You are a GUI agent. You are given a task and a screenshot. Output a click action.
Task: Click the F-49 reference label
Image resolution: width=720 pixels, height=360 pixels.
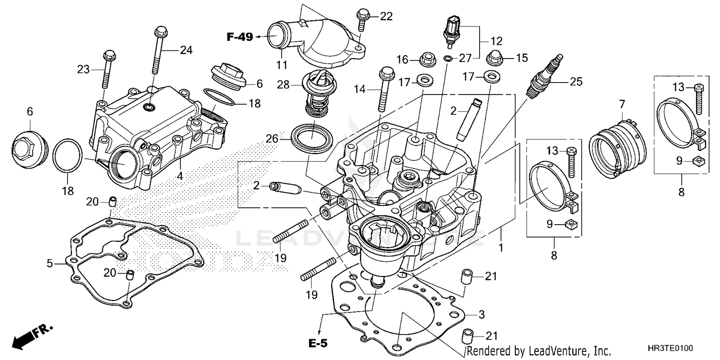click(x=240, y=37)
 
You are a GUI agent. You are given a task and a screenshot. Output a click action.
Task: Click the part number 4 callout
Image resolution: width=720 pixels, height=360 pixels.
click(x=180, y=176)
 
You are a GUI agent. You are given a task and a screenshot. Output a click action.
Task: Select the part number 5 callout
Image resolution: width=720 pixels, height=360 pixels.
click(x=49, y=263)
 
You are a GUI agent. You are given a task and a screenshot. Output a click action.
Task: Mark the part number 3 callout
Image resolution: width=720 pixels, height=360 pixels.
click(x=481, y=314)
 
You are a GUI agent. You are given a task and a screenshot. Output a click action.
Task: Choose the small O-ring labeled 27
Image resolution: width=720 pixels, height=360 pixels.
click(x=447, y=59)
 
